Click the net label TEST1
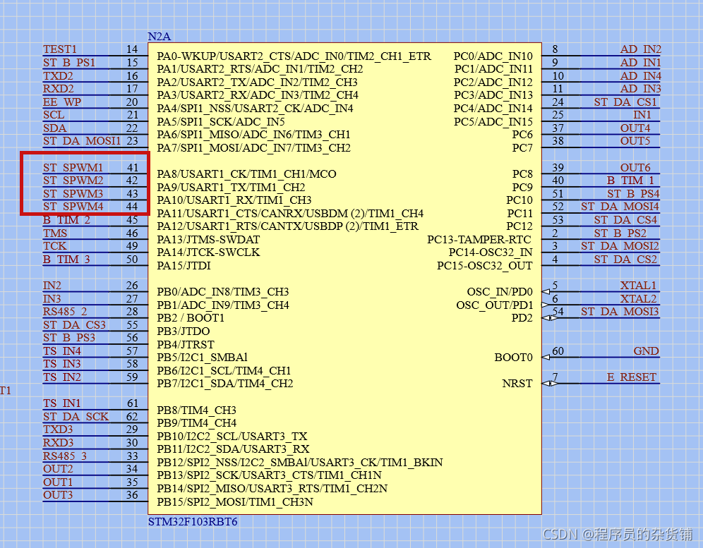(60, 49)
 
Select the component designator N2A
(159, 36)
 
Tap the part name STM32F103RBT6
(192, 522)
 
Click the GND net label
(646, 351)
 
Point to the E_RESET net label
(631, 377)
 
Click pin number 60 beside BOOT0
(558, 351)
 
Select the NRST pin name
(517, 384)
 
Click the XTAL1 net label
(638, 286)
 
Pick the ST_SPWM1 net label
(73, 168)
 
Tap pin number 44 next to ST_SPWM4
(132, 207)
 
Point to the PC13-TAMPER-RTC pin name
(479, 239)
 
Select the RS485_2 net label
(65, 312)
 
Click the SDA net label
(54, 128)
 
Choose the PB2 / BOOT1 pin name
(191, 318)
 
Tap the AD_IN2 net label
(640, 49)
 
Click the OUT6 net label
(635, 168)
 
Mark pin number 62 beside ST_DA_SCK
(132, 417)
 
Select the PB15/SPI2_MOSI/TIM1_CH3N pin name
(235, 502)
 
